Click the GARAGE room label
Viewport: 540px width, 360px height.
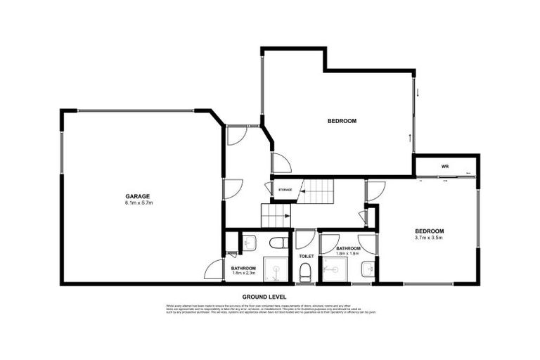click(x=139, y=196)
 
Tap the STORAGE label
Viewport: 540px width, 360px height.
click(x=285, y=190)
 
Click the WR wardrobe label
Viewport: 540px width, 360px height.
click(x=445, y=167)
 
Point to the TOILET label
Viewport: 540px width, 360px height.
click(x=306, y=256)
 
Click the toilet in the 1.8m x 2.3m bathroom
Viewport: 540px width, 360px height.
click(x=278, y=243)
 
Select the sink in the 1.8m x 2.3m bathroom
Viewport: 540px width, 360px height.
click(x=250, y=243)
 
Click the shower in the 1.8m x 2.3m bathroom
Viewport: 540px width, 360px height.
click(x=276, y=270)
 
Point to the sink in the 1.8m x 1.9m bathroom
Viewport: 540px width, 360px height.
click(x=368, y=269)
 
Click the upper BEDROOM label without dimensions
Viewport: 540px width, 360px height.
click(x=342, y=121)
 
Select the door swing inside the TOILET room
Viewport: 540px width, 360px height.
click(x=304, y=239)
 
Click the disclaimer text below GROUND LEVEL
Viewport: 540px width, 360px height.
click(x=270, y=309)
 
